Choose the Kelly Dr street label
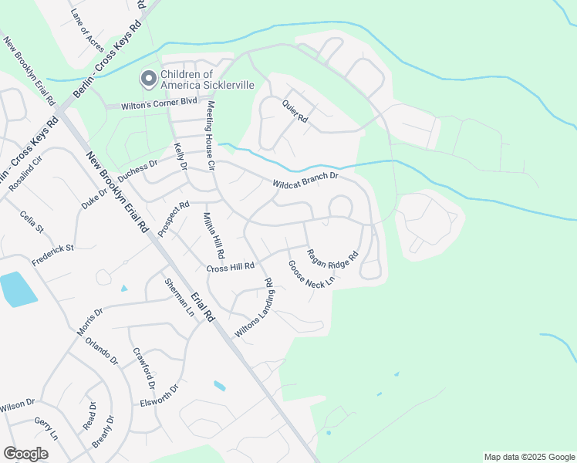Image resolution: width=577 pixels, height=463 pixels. (x=181, y=155)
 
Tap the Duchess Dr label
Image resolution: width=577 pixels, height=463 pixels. (x=138, y=169)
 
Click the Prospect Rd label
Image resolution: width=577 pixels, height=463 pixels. (x=174, y=219)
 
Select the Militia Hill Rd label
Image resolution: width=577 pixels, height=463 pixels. (x=214, y=235)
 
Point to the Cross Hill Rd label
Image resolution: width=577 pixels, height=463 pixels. (x=231, y=267)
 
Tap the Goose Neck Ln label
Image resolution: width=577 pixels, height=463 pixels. (x=312, y=274)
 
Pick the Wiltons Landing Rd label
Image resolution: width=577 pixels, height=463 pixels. (x=254, y=307)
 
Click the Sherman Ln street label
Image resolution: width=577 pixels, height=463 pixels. (x=179, y=298)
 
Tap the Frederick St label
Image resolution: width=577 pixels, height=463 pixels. (x=52, y=255)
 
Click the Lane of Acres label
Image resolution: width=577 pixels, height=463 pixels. (x=86, y=25)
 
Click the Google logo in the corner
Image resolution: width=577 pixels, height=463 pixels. (x=25, y=454)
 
